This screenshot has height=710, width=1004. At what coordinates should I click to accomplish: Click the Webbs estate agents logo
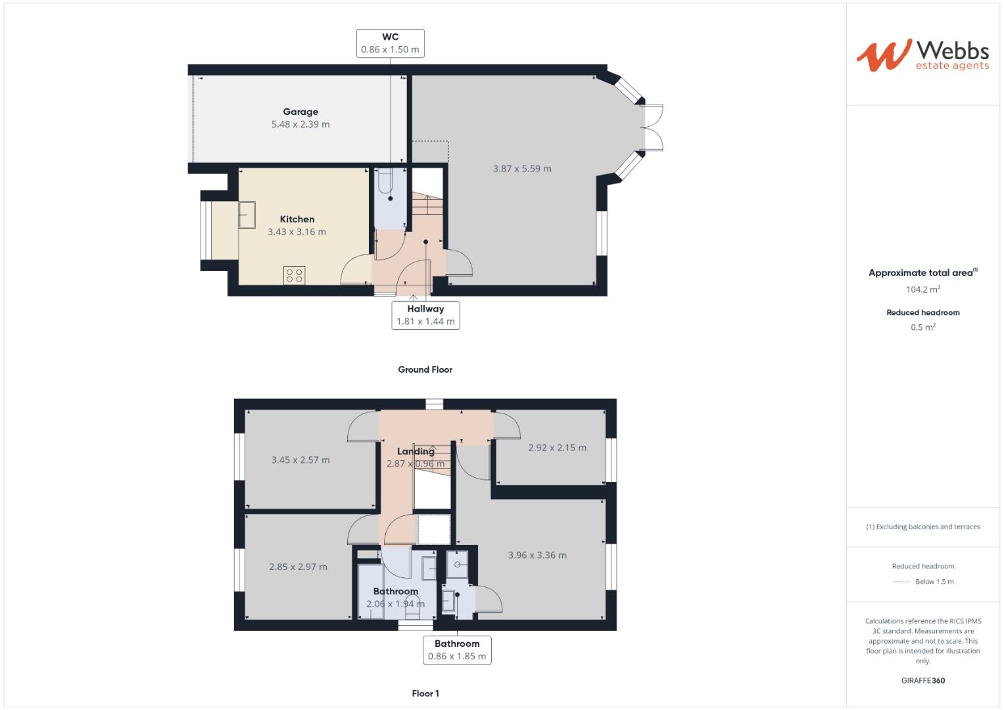pos(922,55)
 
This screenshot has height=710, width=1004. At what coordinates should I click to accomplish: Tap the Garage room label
pos(300,112)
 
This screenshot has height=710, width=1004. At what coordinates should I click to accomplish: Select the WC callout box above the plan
pos(390,43)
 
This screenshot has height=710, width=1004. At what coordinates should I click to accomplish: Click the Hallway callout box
pos(425,315)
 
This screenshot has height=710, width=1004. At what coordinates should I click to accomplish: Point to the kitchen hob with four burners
pos(294,275)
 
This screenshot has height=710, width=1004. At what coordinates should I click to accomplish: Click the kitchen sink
pos(247,215)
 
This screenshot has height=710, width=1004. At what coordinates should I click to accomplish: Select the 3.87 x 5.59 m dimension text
pos(522,169)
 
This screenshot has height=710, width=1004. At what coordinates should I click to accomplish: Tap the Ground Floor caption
pos(425,369)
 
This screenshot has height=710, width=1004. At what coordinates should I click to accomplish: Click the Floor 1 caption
pos(425,694)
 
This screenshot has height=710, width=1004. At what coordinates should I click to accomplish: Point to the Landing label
pos(415,451)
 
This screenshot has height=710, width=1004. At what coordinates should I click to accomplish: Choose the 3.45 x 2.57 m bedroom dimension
pos(300,460)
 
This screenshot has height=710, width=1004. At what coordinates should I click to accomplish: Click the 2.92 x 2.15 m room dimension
pos(557,448)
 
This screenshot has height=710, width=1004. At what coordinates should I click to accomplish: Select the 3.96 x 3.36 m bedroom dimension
pos(537,556)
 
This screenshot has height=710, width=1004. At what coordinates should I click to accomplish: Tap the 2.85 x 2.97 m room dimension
pos(298,567)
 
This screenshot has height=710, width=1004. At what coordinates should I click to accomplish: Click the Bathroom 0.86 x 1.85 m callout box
pos(457,650)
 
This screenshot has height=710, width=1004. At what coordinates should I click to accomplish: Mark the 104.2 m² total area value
pos(922,289)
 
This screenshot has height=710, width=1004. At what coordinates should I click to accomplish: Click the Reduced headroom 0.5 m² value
pos(922,327)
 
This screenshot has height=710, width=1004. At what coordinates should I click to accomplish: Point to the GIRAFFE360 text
pos(922,680)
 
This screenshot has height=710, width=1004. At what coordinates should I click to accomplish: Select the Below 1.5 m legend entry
pos(934,582)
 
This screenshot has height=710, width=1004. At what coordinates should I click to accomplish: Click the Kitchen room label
pos(297,220)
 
